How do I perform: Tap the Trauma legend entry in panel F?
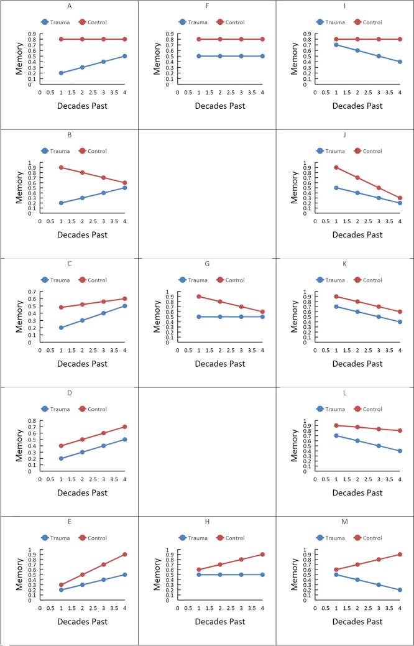coord(194,22)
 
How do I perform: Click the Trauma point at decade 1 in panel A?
coord(61,73)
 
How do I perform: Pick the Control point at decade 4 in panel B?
coord(124,183)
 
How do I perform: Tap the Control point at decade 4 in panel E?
coord(124,554)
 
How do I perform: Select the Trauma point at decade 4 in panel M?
coord(400,589)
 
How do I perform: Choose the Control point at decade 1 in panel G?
coord(199,297)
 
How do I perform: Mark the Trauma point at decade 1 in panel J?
coord(336,188)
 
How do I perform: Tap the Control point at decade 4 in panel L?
coord(400,430)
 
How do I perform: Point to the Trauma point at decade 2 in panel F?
coord(220,56)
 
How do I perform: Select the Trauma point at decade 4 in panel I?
coord(400,62)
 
